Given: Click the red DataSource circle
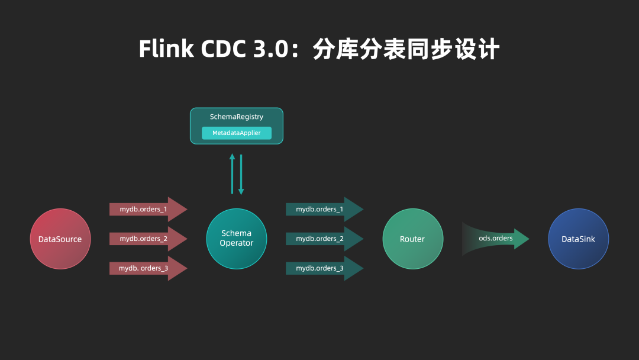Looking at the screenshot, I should click(60, 239).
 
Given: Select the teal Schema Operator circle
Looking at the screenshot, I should click(236, 239).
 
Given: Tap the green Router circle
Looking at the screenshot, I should click(412, 239).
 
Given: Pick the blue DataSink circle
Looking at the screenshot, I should click(578, 239).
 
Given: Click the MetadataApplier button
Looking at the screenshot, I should click(237, 133).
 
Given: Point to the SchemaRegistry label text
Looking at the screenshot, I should click(237, 117).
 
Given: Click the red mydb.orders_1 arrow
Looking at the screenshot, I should click(148, 209).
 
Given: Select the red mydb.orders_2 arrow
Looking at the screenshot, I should click(148, 239).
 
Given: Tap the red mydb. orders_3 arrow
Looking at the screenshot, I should click(148, 268).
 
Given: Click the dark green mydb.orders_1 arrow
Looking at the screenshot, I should click(324, 209).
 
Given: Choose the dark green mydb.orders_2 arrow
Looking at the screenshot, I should click(324, 239).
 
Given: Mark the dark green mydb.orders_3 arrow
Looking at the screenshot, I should click(324, 268).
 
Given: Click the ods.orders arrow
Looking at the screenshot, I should click(496, 239).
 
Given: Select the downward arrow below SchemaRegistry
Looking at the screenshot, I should click(241, 175).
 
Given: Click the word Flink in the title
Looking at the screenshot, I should click(166, 49).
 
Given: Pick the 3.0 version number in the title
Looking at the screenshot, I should click(272, 49).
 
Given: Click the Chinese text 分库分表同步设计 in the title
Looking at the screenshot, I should click(406, 49).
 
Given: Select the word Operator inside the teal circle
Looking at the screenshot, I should click(236, 243).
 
